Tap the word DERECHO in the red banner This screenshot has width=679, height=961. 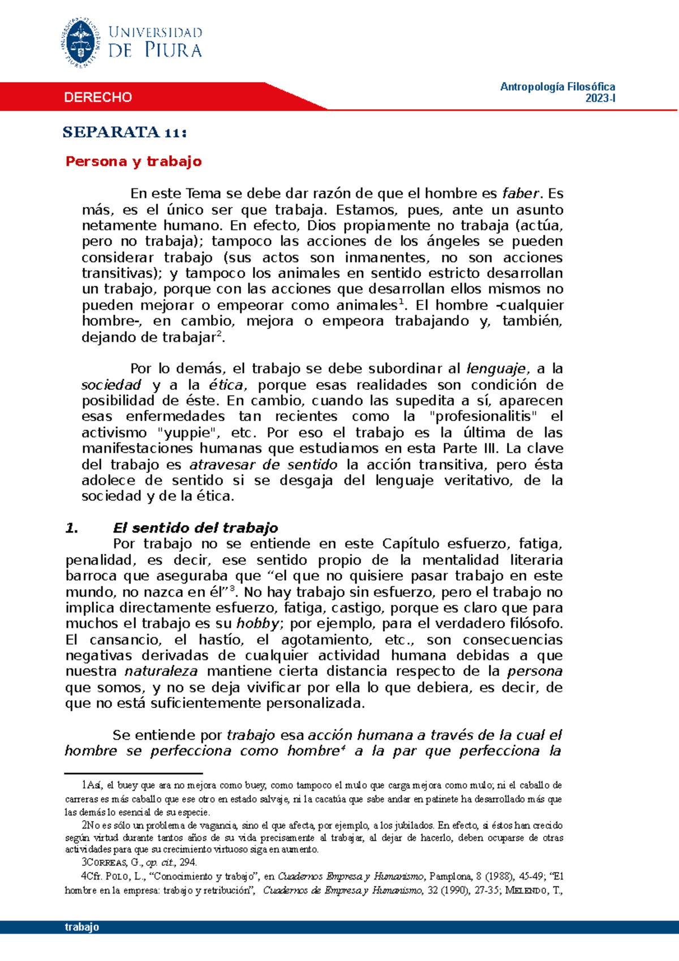(x=98, y=97)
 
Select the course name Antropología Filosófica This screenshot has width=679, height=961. (x=557, y=87)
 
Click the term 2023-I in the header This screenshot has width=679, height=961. (x=600, y=98)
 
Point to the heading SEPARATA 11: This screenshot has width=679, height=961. (x=124, y=132)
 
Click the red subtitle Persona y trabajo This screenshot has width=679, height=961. (x=134, y=162)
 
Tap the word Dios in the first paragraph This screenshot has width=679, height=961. (x=321, y=226)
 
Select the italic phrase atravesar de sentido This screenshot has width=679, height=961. (x=263, y=465)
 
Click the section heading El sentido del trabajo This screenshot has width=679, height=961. (x=195, y=528)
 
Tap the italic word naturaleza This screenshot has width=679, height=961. (x=161, y=672)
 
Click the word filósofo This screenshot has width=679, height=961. (x=535, y=624)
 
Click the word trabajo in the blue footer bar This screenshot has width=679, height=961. (x=82, y=927)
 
